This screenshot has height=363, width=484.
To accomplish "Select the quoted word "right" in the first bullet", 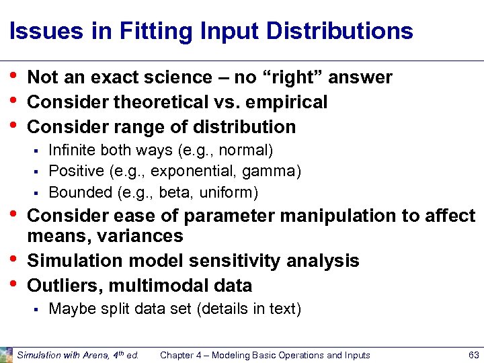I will point(290,77).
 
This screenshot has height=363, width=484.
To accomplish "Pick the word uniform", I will point(230,193).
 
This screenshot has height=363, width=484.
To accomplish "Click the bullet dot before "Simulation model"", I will point(13,259).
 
